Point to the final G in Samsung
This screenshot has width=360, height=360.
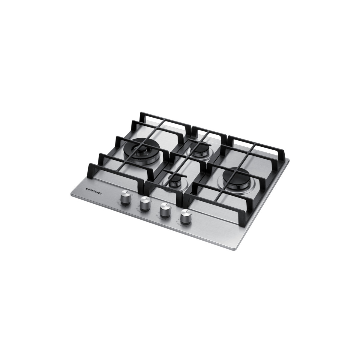pos(100,194)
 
